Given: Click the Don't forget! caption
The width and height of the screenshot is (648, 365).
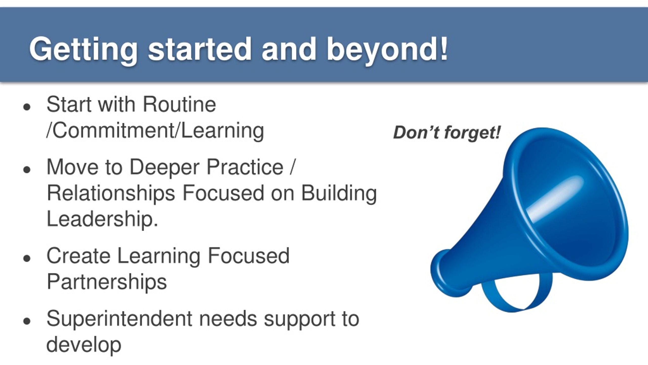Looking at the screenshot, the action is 447,133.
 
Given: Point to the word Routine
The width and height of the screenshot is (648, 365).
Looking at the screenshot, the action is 179,104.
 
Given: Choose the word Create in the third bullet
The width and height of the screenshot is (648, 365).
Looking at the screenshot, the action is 78,256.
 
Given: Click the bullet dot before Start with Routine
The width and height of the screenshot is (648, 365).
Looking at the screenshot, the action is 27,107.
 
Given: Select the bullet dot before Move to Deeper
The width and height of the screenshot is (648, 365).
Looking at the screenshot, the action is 27,170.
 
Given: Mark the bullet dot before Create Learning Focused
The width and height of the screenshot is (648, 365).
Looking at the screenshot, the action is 27,258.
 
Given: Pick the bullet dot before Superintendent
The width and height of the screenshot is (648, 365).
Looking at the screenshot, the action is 27,321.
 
